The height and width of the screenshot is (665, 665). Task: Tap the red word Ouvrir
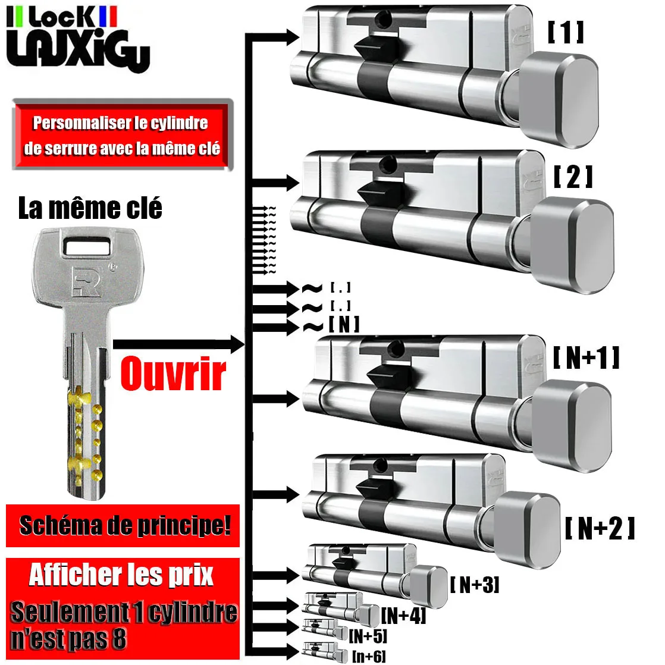(173, 374)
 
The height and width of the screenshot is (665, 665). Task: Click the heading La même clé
(90, 209)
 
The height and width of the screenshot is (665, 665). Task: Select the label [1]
(566, 33)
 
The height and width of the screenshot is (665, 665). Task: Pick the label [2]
(573, 177)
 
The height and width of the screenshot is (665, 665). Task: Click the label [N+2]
(599, 528)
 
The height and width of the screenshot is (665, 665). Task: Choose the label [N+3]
(474, 585)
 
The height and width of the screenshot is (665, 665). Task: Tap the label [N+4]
(404, 615)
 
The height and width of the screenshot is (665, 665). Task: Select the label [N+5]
(368, 636)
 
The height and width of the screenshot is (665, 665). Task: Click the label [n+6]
(369, 656)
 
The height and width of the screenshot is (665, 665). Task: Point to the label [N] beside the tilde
(344, 324)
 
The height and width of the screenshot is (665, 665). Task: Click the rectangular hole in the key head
(87, 244)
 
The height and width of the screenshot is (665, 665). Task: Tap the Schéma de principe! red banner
(123, 526)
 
